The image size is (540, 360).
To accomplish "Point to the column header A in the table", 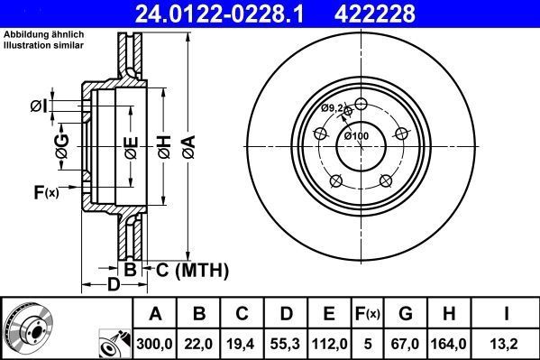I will click(155, 314).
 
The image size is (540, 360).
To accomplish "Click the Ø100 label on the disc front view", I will click(357, 135).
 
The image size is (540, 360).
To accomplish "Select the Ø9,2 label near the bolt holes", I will click(334, 108).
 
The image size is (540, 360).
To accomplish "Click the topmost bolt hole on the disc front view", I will click(361, 103).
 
